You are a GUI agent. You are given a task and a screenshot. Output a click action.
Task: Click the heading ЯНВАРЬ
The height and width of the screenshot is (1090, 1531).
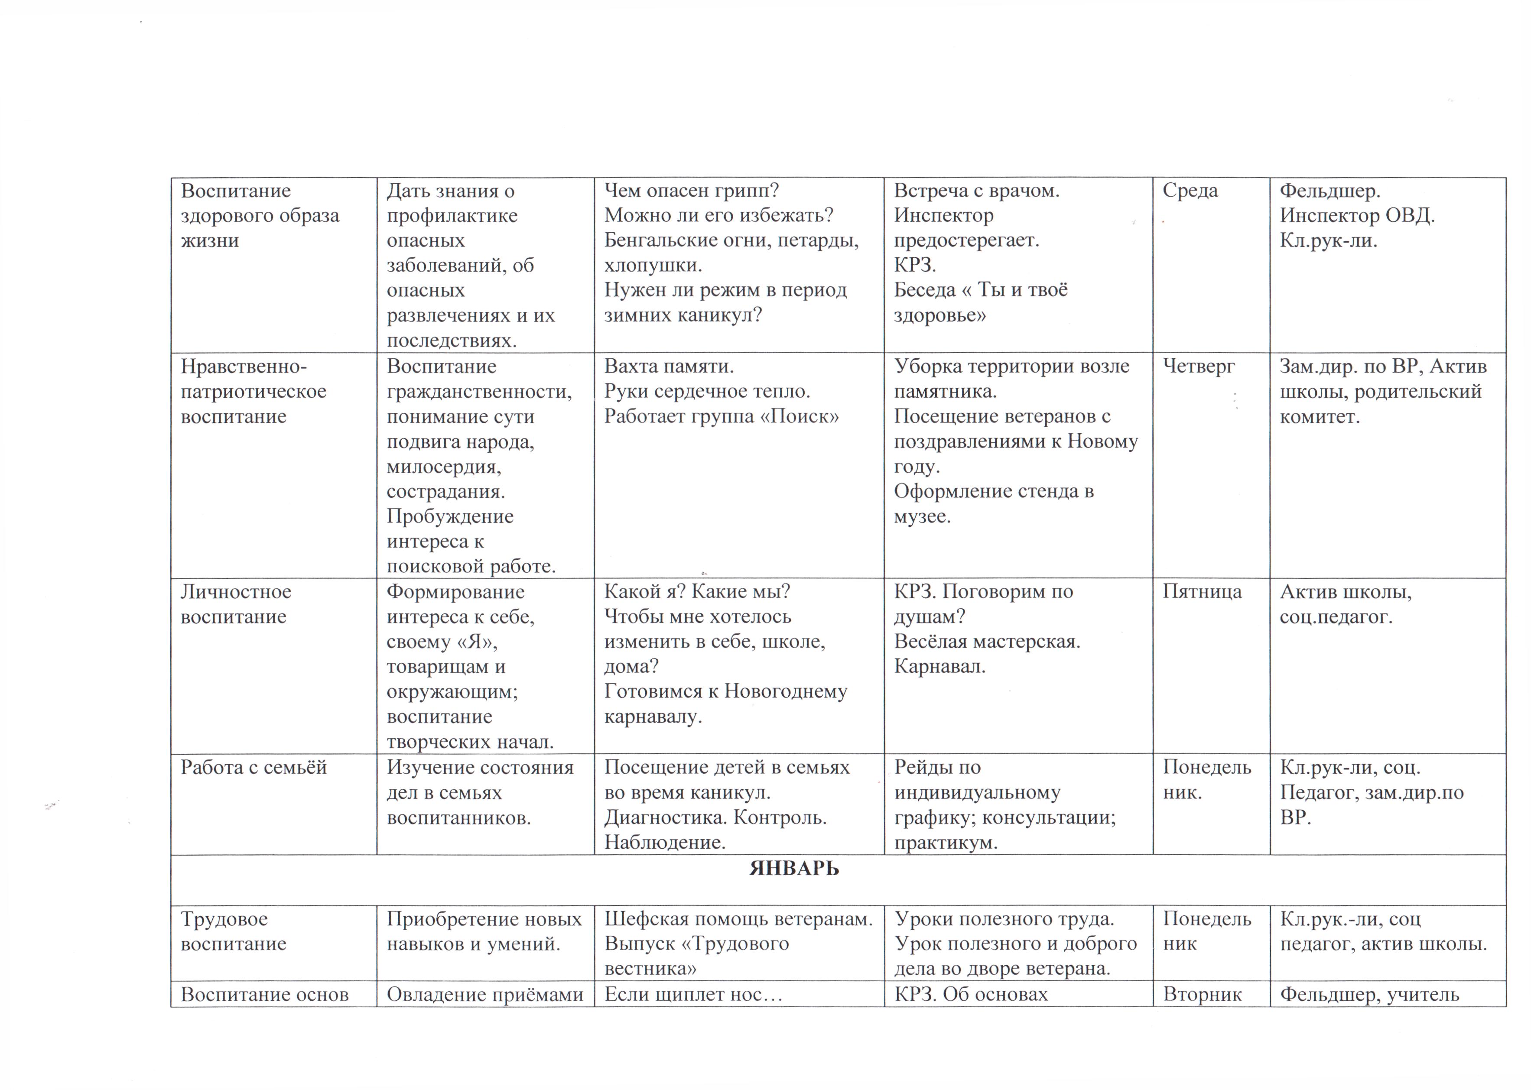click(x=793, y=869)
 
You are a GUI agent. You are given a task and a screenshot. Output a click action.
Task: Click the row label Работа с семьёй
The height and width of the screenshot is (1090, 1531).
click(x=253, y=767)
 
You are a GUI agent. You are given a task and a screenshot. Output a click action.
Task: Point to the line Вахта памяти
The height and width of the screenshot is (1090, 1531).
click(x=669, y=367)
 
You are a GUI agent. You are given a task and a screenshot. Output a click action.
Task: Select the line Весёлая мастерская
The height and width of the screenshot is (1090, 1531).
click(x=987, y=642)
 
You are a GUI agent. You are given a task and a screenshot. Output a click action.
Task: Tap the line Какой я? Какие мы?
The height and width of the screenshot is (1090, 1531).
click(x=697, y=592)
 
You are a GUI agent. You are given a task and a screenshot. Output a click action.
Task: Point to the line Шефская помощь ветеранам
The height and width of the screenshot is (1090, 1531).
click(x=738, y=919)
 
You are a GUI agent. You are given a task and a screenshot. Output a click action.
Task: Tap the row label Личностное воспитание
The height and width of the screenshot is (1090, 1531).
click(x=236, y=604)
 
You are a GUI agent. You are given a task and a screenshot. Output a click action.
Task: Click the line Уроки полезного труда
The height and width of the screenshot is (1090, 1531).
click(x=1004, y=919)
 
